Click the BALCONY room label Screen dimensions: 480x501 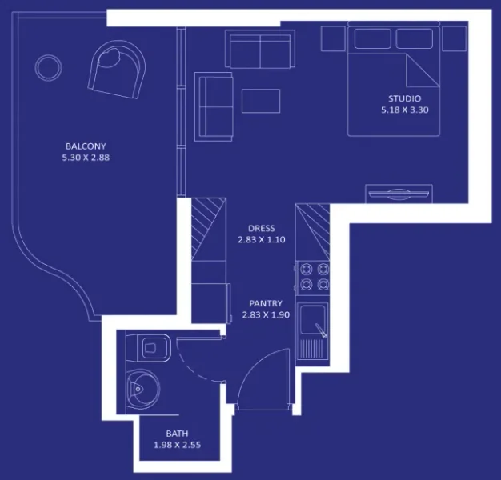[86, 146]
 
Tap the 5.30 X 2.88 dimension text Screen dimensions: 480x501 [86, 158]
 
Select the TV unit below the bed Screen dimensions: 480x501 [399, 193]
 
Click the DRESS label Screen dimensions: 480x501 [261, 227]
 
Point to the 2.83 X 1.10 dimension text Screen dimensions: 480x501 [261, 239]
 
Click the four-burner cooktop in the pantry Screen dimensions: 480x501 [312, 276]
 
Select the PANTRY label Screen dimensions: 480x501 [265, 303]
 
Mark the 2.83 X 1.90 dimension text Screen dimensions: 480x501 [265, 315]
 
